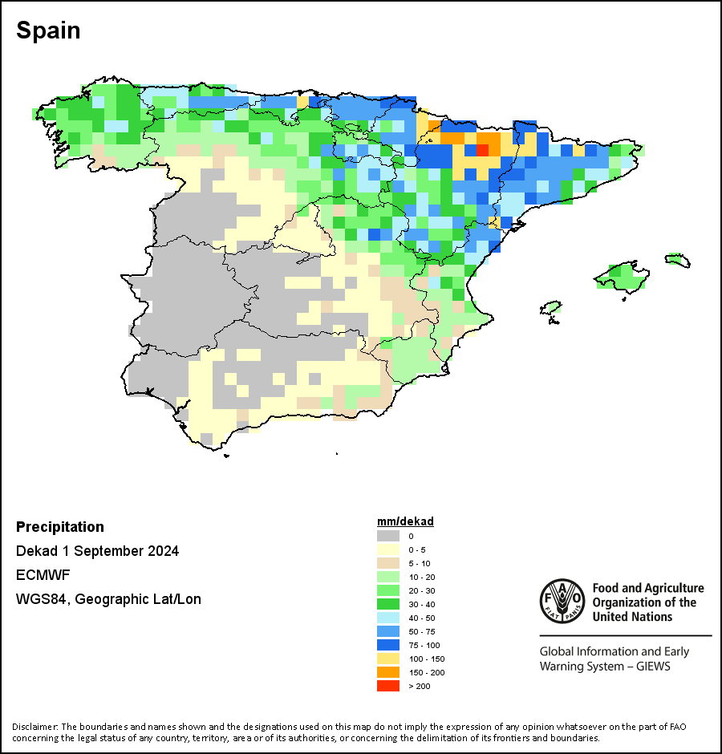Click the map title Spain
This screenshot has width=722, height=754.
pyautogui.click(x=48, y=30)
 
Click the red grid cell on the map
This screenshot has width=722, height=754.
pyautogui.click(x=482, y=150)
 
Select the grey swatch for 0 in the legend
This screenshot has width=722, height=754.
pyautogui.click(x=388, y=536)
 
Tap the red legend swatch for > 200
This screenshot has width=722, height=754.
pyautogui.click(x=388, y=686)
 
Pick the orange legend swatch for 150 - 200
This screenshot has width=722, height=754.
pyautogui.click(x=388, y=672)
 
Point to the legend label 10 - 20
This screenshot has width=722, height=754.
pyautogui.click(x=422, y=577)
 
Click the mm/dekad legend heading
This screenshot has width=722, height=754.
pyautogui.click(x=405, y=521)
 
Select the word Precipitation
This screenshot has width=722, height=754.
pyautogui.click(x=60, y=527)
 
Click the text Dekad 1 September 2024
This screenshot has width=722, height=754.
pyautogui.click(x=98, y=551)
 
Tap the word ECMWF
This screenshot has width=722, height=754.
pyautogui.click(x=43, y=575)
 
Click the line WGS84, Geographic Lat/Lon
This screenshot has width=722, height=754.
pyautogui.click(x=109, y=599)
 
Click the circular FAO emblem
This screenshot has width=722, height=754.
pyautogui.click(x=562, y=601)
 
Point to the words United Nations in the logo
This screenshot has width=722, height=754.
pyautogui.click(x=632, y=617)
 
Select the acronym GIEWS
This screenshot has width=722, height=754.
pyautogui.click(x=653, y=667)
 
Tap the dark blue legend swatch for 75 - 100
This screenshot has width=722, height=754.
pyautogui.click(x=388, y=645)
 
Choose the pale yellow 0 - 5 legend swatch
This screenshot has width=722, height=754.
pyautogui.click(x=388, y=549)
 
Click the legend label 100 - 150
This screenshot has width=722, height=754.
pyautogui.click(x=427, y=659)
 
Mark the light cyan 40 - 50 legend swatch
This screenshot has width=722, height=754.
pyautogui.click(x=388, y=618)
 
